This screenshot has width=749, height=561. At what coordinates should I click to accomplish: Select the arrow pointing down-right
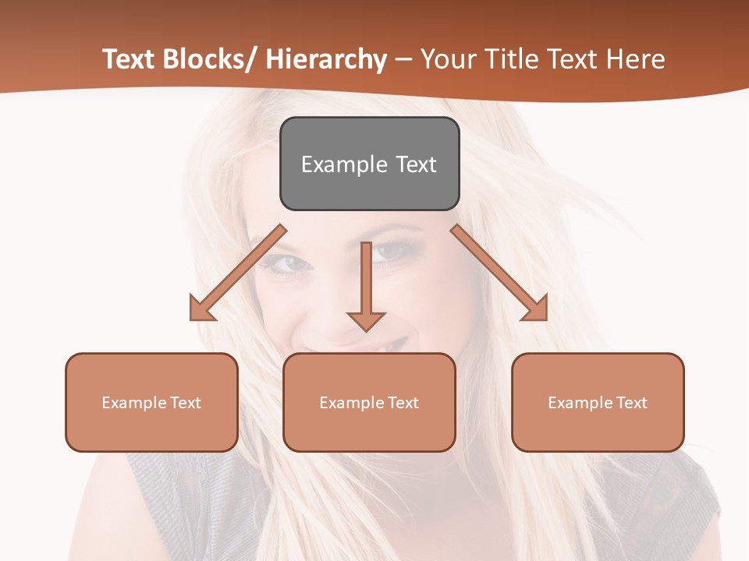499,273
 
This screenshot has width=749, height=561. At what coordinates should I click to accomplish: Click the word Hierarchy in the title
326,59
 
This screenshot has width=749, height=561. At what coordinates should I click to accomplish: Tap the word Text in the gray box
415,164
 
